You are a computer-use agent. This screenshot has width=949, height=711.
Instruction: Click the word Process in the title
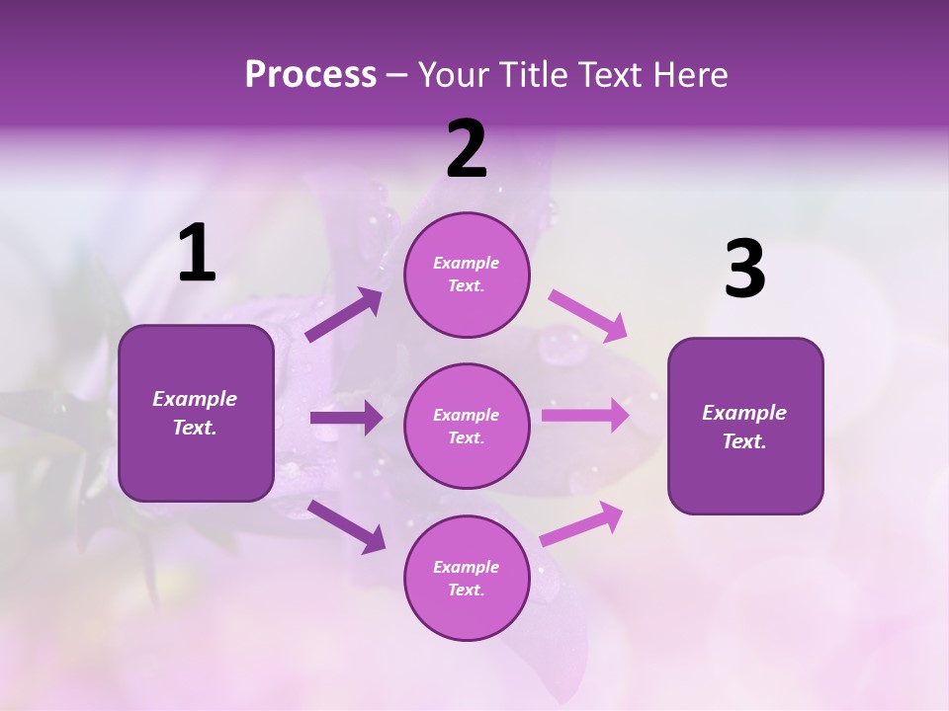[x=310, y=75]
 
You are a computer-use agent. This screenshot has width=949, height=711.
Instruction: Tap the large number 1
[x=197, y=254]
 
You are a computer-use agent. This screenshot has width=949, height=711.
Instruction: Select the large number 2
[x=467, y=149]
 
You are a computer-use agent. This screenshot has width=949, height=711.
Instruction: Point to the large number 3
[x=744, y=269]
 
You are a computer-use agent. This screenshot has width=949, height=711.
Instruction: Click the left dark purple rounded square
[x=196, y=413]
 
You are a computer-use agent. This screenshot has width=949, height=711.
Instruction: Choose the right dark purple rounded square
[x=745, y=426]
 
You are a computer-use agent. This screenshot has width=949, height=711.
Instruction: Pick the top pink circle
[x=467, y=275]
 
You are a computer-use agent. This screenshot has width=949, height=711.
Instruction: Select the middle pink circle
[x=467, y=426]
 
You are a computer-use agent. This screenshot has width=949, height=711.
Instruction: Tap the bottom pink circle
[x=467, y=578]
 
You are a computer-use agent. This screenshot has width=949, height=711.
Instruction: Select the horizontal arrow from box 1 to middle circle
[x=346, y=418]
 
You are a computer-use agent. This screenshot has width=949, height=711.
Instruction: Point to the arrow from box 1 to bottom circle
[x=346, y=526]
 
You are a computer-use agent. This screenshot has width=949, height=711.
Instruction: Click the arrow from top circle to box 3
[x=588, y=315]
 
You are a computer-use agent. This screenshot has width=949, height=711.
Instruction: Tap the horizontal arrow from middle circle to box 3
[x=585, y=415]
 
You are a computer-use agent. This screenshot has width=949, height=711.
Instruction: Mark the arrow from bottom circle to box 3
[x=581, y=524]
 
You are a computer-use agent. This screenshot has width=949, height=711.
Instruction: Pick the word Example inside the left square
[x=195, y=399]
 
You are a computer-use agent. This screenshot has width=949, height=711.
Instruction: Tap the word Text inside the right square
[x=743, y=441]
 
